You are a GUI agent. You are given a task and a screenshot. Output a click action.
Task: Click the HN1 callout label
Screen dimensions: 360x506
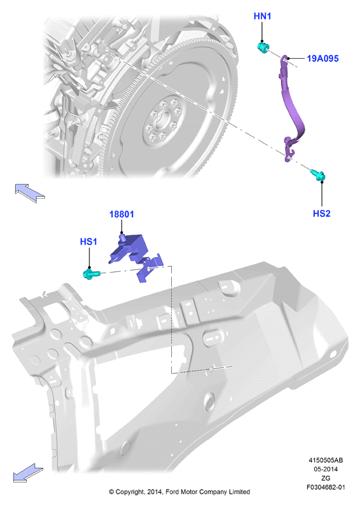pyautogui.click(x=262, y=16)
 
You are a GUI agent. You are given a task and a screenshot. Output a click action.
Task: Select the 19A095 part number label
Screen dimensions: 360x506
pyautogui.click(x=323, y=58)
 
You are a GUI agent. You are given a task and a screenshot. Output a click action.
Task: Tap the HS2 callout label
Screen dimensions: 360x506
pyautogui.click(x=321, y=213)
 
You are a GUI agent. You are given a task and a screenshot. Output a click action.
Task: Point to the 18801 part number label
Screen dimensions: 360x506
pyautogui.click(x=122, y=214)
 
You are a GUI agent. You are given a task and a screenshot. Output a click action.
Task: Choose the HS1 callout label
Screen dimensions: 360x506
pyautogui.click(x=88, y=241)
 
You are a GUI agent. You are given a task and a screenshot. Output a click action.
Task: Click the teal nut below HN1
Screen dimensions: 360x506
pyautogui.click(x=263, y=48)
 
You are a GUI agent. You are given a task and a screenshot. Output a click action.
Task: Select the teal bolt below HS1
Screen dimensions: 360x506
pyautogui.click(x=91, y=275)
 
